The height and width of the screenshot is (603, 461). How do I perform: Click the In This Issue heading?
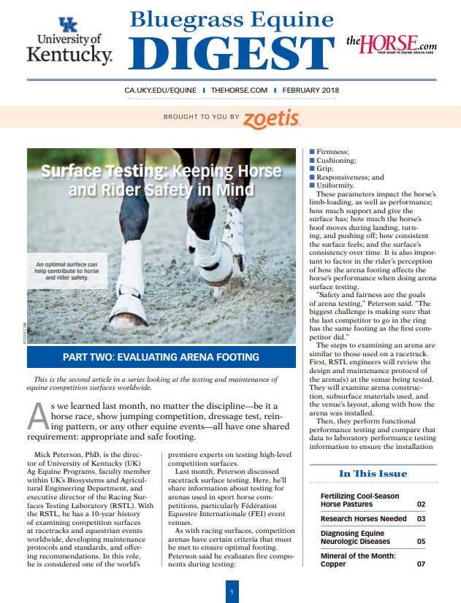(x=373, y=473)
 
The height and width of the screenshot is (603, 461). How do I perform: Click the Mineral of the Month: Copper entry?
(x=358, y=560)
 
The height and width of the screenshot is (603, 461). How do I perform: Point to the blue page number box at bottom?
(x=231, y=591)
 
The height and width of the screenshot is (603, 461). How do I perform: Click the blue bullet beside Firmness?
(x=312, y=152)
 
